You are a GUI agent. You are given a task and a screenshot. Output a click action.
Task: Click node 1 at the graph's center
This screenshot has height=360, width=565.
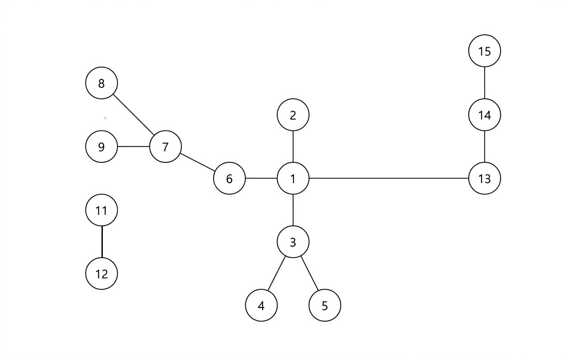(x=293, y=178)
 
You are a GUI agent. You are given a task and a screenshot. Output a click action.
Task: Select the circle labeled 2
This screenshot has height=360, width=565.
(x=293, y=115)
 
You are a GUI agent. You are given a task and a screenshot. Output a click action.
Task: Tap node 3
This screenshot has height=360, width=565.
(x=293, y=242)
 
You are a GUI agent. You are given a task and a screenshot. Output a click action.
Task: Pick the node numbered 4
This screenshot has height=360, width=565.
(x=261, y=305)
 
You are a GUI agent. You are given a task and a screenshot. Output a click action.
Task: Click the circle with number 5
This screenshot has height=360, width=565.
(x=325, y=305)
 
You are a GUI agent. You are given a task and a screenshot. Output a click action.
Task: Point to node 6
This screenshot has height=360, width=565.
(x=230, y=178)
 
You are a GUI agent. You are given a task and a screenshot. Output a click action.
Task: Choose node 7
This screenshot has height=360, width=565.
(x=166, y=146)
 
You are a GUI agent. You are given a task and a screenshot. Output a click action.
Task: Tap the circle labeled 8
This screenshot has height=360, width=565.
(x=102, y=83)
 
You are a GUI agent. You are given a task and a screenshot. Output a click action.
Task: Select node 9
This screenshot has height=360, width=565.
(x=102, y=146)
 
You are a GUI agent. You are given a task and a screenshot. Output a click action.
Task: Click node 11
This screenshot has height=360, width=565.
(x=102, y=210)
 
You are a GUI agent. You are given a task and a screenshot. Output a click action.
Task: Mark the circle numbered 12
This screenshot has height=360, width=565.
(x=102, y=274)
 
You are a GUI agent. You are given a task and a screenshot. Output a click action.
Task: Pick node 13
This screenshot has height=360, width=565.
(x=485, y=178)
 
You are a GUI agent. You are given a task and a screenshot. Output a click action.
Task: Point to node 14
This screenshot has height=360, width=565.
(x=485, y=115)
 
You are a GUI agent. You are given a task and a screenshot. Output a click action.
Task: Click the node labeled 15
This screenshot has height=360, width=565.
(x=485, y=51)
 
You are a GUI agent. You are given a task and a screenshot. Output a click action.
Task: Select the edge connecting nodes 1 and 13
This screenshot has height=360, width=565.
(x=388, y=178)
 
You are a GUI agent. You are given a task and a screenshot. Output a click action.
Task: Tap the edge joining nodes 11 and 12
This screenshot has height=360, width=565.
(x=102, y=242)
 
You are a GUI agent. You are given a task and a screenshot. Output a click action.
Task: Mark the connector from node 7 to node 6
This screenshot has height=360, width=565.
(x=197, y=162)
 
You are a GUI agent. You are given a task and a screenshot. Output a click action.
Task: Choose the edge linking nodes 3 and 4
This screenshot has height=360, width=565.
(x=277, y=274)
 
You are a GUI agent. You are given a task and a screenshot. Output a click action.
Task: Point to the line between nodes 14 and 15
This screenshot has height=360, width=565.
(x=485, y=83)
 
